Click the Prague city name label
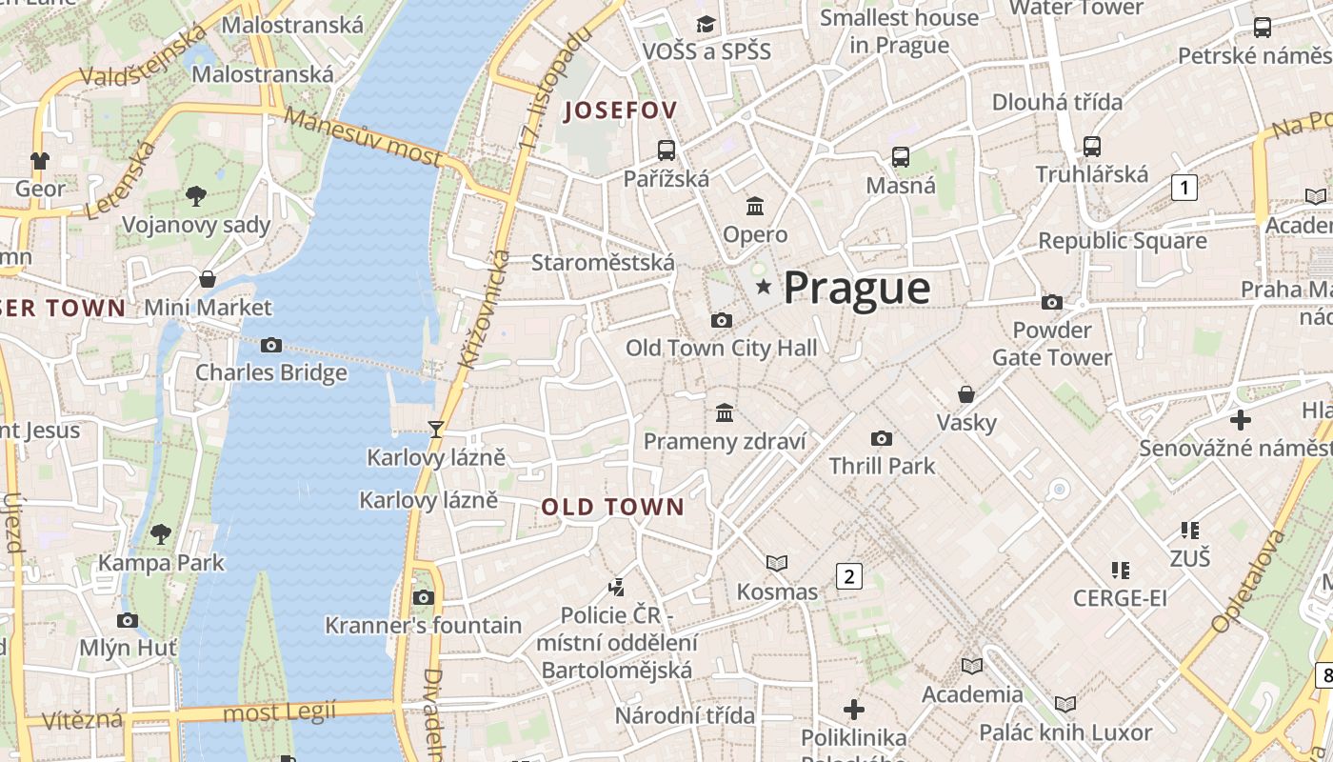tap(856, 288)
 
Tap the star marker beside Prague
tap(763, 287)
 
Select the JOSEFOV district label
tap(621, 110)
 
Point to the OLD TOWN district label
tap(613, 507)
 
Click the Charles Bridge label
tap(271, 372)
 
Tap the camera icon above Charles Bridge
tap(271, 345)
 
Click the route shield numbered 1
tap(1184, 188)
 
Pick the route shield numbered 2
tap(848, 575)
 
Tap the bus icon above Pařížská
tap(666, 150)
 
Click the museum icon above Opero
tap(755, 206)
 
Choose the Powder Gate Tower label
tap(1051, 344)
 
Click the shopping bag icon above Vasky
tap(966, 394)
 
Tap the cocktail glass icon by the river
tap(436, 430)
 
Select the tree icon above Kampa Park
tap(161, 533)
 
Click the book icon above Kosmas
tap(777, 564)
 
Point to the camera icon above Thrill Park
tap(882, 438)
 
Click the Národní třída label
tap(685, 714)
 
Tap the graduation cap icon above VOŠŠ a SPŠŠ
tap(706, 23)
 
